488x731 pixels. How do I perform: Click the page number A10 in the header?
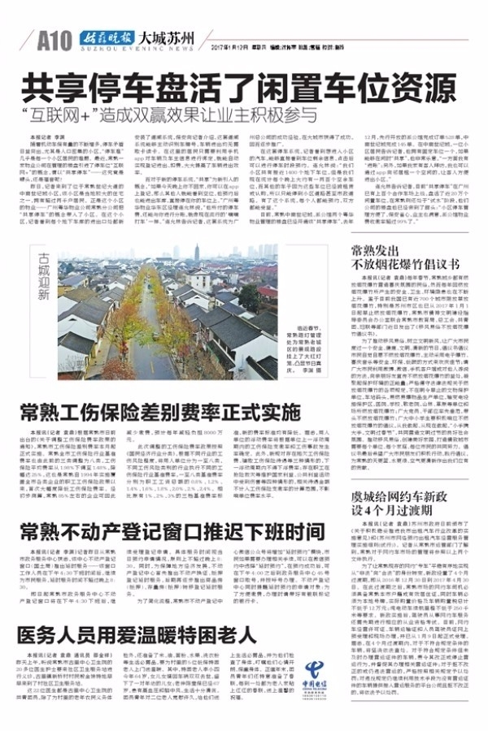[x=54, y=39]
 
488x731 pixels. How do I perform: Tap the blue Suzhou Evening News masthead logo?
[x=104, y=37]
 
